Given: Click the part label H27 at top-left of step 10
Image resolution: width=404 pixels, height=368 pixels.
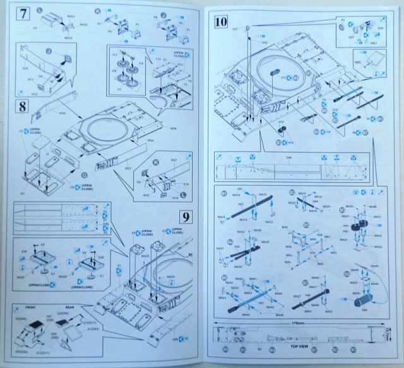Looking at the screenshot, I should (235, 29).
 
